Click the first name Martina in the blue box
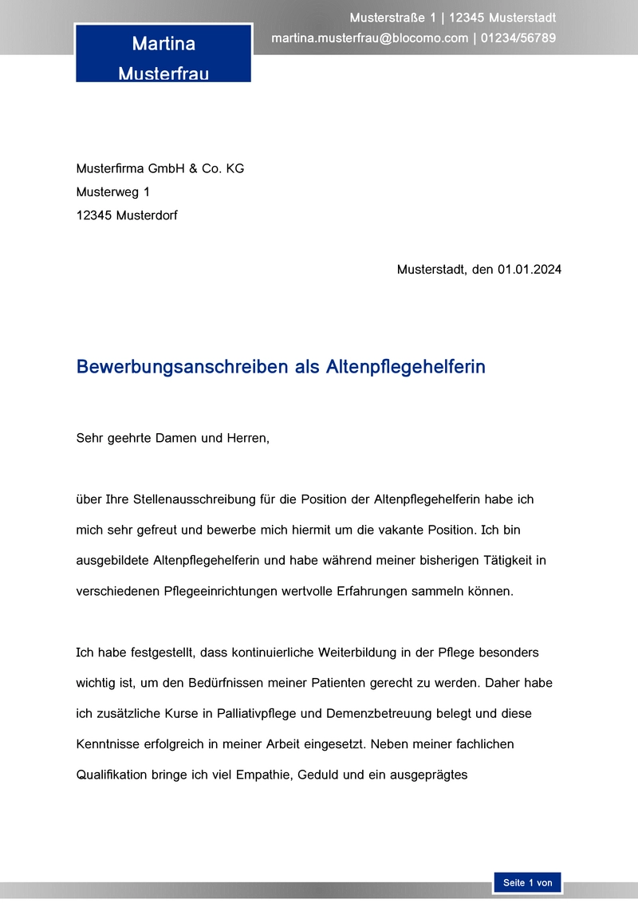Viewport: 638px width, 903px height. tap(163, 43)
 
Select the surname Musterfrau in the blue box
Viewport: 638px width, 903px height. tap(163, 73)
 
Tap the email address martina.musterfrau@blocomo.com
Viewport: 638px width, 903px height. tap(369, 37)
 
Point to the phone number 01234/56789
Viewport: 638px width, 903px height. tap(518, 37)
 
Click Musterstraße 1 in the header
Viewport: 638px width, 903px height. tap(392, 18)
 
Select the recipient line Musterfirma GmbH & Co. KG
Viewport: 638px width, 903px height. tap(159, 168)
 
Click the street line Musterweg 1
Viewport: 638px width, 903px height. tap(112, 191)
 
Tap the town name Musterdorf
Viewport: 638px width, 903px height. tap(147, 215)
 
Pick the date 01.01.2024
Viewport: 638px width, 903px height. tap(530, 270)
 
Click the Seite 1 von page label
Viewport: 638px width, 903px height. tap(527, 883)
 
